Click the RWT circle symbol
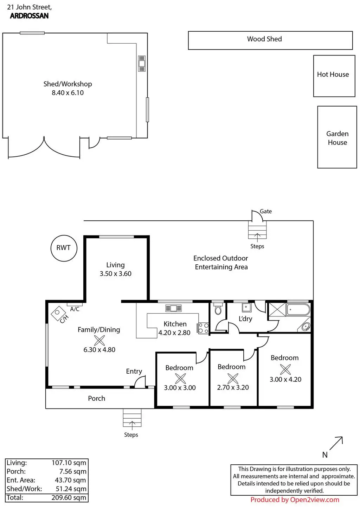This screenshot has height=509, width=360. [64, 248]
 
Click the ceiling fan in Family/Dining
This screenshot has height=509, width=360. [99, 340]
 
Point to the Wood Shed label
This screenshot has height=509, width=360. [264, 39]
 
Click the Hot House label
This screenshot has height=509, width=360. [333, 75]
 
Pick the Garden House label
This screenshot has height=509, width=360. [337, 138]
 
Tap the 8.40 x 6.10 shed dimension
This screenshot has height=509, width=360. [67, 93]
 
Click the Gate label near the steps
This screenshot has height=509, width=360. [266, 211]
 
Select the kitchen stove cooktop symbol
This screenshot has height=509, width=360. [204, 328]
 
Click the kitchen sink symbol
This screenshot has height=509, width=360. [173, 309]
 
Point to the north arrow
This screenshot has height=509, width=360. [336, 444]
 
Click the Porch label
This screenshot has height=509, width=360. [97, 398]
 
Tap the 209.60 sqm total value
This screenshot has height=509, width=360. [69, 497]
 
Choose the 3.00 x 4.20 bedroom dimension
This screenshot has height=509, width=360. [285, 379]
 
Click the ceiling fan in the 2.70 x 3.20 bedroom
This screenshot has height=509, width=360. [233, 378]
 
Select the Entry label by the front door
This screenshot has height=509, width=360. [134, 371]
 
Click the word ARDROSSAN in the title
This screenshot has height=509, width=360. [29, 16]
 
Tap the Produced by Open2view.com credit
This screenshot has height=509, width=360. [295, 500]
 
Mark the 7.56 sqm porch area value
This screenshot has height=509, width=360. [73, 472]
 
